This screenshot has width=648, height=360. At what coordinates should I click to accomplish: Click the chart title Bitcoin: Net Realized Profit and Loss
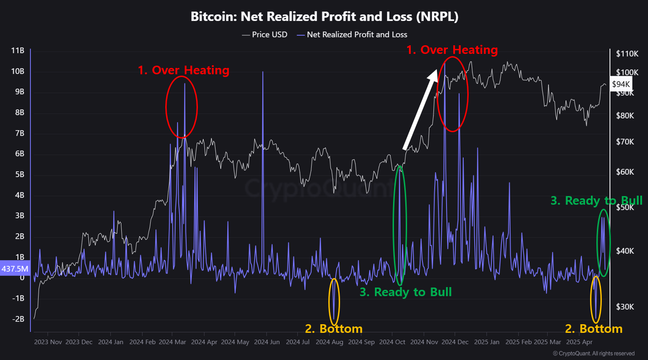pos(324,17)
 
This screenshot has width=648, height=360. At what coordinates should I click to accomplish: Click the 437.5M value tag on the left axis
pos(14,269)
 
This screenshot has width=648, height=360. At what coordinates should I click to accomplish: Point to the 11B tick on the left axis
pos(18,51)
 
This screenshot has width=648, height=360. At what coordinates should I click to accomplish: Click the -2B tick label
pos(18,319)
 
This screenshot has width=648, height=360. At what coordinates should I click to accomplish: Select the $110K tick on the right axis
pos(627,54)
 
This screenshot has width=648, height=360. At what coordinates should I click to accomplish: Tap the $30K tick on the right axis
pos(625,307)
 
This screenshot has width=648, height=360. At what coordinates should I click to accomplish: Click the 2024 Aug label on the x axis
pos(329,342)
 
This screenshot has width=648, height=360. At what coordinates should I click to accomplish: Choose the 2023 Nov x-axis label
pos(48,342)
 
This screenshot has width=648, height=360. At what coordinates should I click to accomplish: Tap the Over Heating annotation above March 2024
pos(183,70)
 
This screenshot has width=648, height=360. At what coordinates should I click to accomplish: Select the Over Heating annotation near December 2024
pos(452,50)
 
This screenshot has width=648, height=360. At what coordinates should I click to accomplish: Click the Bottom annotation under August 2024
pos(334,328)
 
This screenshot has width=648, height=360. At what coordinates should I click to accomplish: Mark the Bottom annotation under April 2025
pos(594,328)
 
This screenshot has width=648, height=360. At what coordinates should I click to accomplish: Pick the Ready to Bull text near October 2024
pos(405,292)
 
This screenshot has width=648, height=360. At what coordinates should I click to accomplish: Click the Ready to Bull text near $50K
pos(596,201)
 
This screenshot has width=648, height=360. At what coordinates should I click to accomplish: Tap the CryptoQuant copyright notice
pos(594,353)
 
